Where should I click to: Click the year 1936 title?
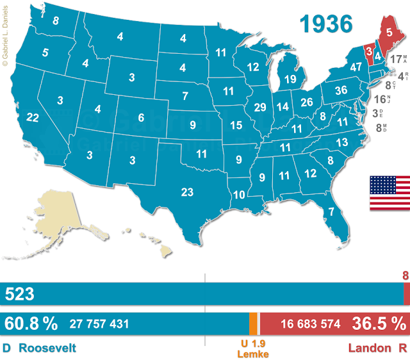pyautogui.click(x=327, y=23)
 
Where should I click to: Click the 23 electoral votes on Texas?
pyautogui.click(x=187, y=192)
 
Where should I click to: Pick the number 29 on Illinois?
pyautogui.click(x=260, y=107)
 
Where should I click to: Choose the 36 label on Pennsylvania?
pyautogui.click(x=341, y=90)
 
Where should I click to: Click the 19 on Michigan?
pyautogui.click(x=290, y=79)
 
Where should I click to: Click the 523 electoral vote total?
pyautogui.click(x=19, y=295)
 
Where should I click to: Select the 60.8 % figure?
pyautogui.click(x=31, y=323)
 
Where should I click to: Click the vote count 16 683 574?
pyautogui.click(x=310, y=324)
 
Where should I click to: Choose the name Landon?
pyautogui.click(x=368, y=348)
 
